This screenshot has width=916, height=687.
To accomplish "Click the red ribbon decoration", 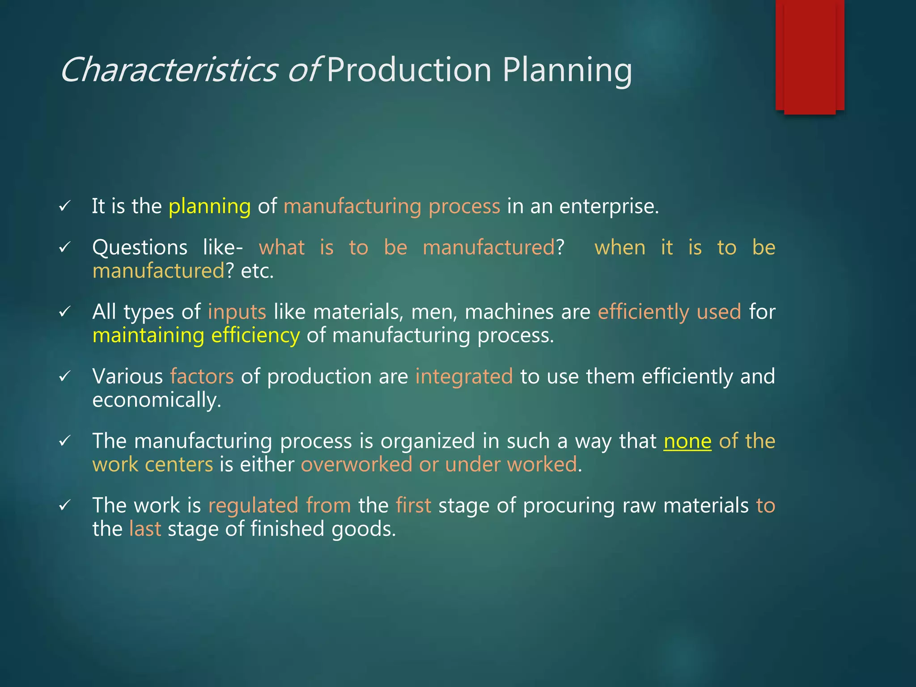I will [810, 56].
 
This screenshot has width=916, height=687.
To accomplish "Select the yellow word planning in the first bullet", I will [209, 207].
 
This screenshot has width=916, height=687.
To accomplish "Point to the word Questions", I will [140, 248].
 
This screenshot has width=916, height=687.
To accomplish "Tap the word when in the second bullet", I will [620, 248].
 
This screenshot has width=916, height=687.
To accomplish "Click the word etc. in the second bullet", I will [257, 271].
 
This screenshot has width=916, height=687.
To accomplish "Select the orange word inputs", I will [237, 312].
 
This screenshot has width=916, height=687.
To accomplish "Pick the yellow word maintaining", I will [148, 335].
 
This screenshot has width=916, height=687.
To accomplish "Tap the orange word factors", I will [202, 377].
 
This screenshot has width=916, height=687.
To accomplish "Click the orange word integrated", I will [464, 377].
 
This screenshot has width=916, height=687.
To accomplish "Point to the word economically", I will [157, 400].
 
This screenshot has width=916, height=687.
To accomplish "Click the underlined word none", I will [687, 441].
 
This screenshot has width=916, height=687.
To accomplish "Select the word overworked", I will [356, 465].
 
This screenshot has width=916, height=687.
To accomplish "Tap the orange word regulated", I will [253, 506].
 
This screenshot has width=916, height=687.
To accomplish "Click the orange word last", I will [145, 529].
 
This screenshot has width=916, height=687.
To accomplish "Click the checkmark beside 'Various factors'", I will [65, 377].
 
